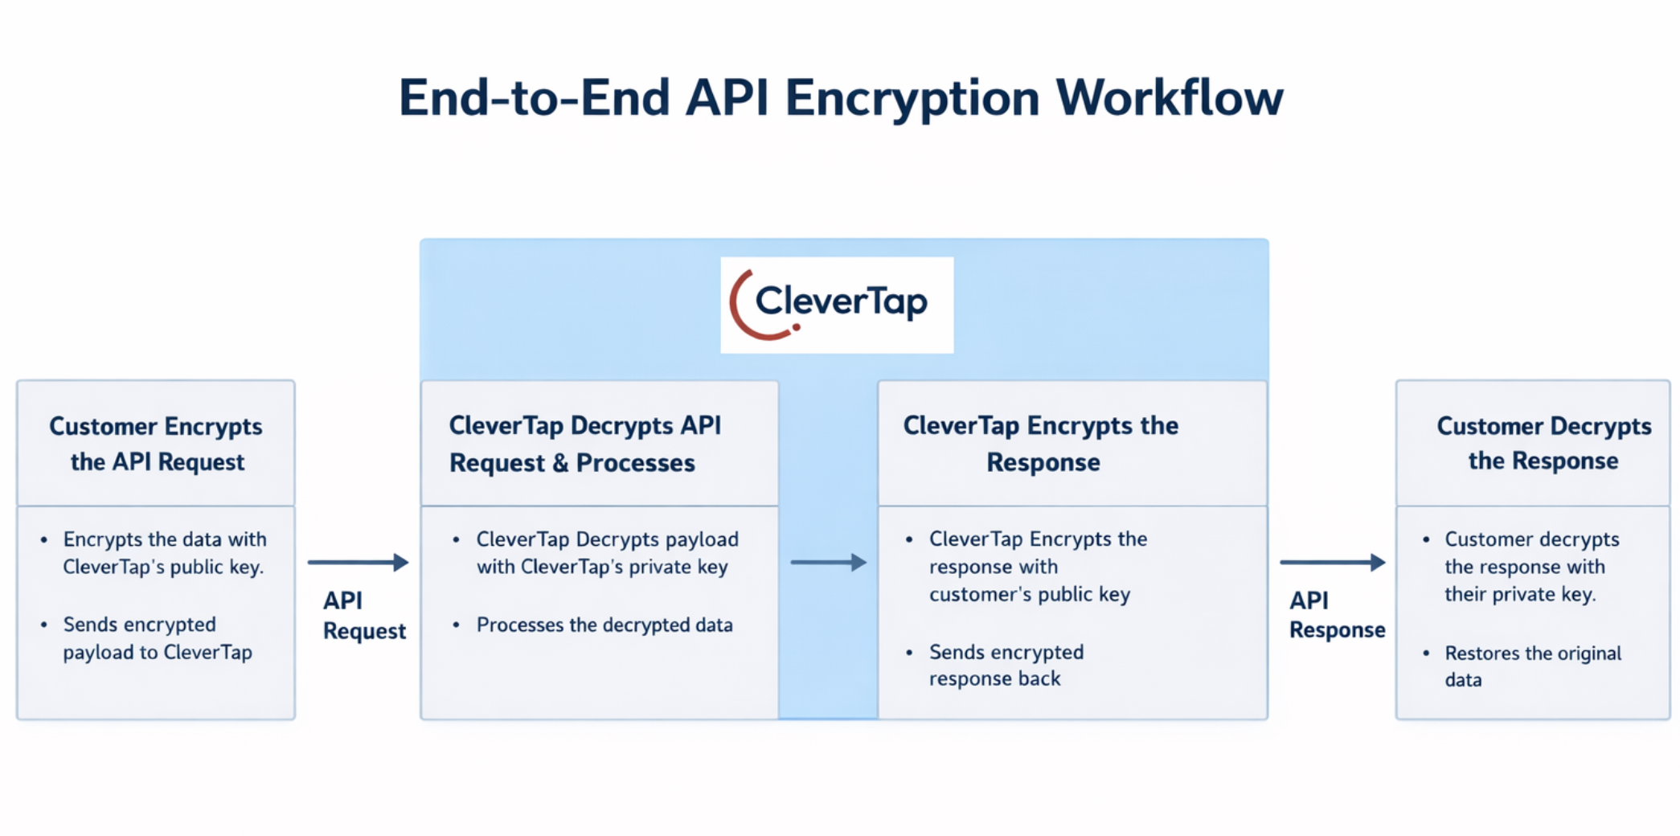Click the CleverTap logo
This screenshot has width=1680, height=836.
(837, 305)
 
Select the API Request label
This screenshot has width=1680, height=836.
(363, 616)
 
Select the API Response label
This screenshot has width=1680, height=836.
(1336, 615)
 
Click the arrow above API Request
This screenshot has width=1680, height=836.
(359, 563)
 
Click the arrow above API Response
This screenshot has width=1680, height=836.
(1332, 563)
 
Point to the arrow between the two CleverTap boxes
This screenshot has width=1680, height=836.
(828, 563)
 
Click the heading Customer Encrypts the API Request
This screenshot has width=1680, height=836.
(156, 444)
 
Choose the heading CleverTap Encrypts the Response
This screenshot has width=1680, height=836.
(1041, 444)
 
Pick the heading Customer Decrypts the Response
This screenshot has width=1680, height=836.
(1543, 443)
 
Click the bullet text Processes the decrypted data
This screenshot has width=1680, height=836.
(604, 625)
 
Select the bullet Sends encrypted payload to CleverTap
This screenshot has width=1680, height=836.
(158, 638)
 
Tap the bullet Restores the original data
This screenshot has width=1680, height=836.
(1532, 666)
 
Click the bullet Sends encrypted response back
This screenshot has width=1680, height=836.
(1006, 666)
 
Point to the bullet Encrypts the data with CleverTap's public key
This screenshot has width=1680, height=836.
(164, 553)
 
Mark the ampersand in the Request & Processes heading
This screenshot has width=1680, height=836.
(560, 464)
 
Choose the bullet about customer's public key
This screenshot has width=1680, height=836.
(1037, 567)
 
